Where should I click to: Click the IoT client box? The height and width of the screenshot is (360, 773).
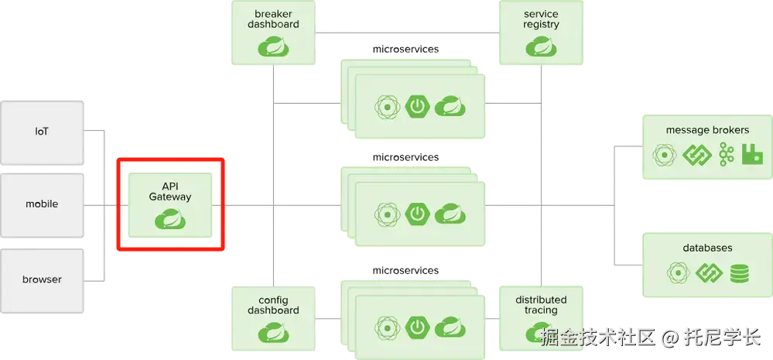click(42, 132)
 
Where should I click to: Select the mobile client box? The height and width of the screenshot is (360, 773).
click(42, 204)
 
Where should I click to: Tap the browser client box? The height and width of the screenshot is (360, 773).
click(42, 279)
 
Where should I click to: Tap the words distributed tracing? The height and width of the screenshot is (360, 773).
click(541, 305)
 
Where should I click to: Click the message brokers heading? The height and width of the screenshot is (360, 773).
click(707, 130)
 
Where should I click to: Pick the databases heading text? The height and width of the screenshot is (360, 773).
click(707, 248)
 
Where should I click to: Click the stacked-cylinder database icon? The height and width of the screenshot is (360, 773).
click(738, 273)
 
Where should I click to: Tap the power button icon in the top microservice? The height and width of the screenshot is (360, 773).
click(418, 107)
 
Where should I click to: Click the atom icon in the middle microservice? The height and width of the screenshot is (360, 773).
click(385, 213)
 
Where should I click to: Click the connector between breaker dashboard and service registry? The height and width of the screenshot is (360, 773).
click(407, 32)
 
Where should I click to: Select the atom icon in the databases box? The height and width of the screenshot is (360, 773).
click(679, 273)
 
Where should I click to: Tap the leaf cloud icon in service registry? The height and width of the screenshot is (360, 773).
click(541, 48)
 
